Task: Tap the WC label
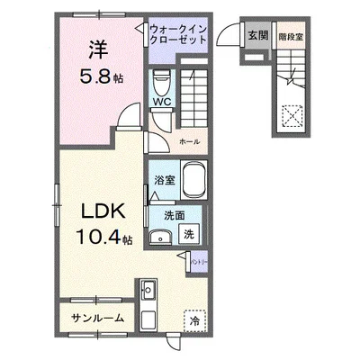pyautogui.click(x=162, y=102)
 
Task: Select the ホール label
pyautogui.click(x=189, y=142)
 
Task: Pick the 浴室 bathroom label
pyautogui.click(x=164, y=180)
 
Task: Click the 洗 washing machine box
pyautogui.click(x=189, y=233)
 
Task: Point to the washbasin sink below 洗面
pyautogui.click(x=159, y=236)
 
